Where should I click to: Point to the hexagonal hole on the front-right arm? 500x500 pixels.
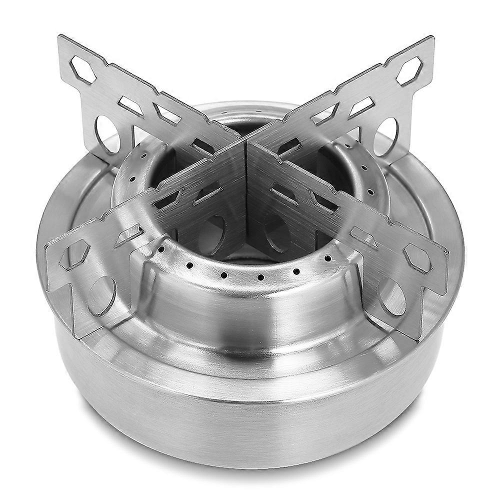coord(417,257)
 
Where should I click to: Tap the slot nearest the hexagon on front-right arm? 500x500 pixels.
coord(364,237)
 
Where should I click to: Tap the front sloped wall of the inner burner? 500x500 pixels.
coord(250,310)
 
